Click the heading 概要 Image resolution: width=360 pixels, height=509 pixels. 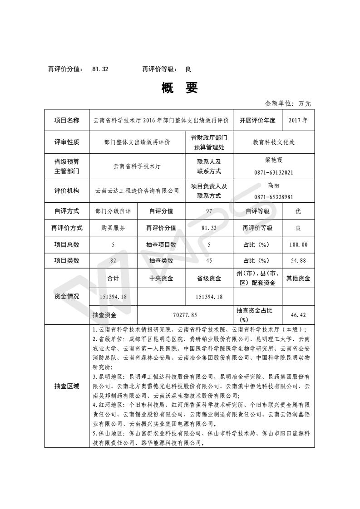point(180,88)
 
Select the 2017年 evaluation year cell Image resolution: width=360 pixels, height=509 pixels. point(298,121)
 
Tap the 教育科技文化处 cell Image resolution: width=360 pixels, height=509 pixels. point(274,142)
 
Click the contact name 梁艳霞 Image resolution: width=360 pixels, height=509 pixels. point(274,160)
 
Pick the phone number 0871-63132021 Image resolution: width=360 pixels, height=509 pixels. point(274,172)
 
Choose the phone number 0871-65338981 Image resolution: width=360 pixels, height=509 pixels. point(274,197)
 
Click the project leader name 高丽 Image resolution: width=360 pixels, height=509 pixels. point(274,185)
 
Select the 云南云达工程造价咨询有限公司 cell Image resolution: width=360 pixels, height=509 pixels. point(137,191)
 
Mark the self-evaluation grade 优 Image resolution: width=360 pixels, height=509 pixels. point(298,211)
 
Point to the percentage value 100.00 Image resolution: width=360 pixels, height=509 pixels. point(298,245)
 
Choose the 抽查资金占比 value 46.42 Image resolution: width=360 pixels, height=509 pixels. point(298,314)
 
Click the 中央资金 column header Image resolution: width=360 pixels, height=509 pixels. point(161,279)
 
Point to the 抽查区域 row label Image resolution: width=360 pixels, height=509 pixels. point(67,386)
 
